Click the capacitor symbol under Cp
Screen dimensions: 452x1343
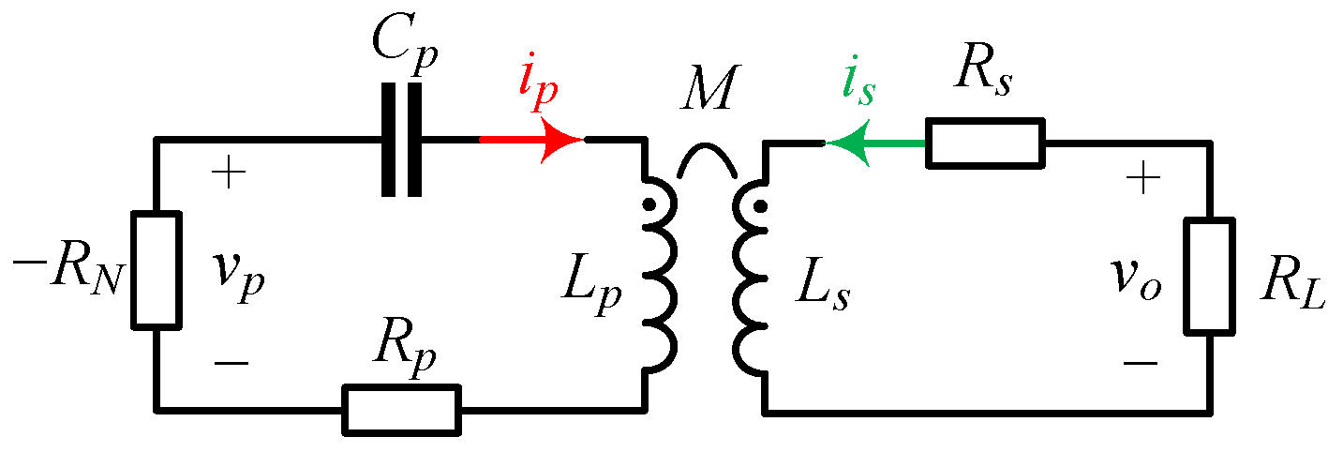[403, 141]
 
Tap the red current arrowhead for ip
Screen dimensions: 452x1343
[562, 141]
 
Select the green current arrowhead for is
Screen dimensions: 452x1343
[849, 143]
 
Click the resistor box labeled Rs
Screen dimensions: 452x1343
[984, 143]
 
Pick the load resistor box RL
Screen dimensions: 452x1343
[1207, 275]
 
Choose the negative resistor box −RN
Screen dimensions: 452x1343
[156, 270]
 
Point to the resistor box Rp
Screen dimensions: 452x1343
[402, 409]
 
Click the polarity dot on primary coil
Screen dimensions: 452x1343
[647, 204]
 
